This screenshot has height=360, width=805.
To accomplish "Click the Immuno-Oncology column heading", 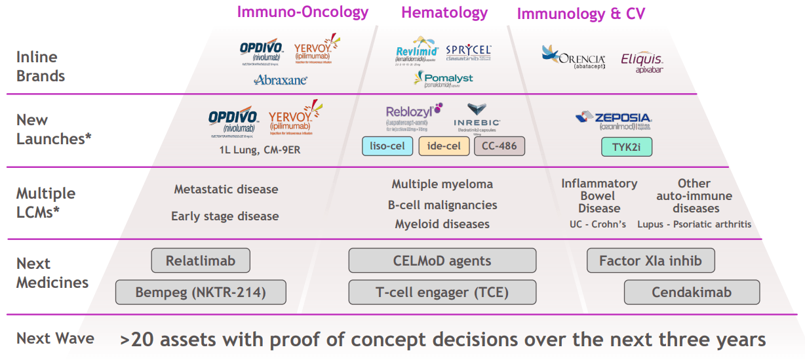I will [x=303, y=12].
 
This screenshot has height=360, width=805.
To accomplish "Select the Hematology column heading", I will [x=444, y=12].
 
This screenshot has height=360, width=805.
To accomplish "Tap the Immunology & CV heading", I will [x=581, y=14].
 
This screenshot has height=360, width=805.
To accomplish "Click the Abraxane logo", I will [x=281, y=80].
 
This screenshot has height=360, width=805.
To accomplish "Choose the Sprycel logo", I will [x=468, y=52].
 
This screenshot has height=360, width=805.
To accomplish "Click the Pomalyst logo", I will [x=444, y=79].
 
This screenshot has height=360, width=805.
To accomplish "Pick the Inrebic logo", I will [x=477, y=116].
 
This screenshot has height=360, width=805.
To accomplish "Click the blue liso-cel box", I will [x=387, y=146].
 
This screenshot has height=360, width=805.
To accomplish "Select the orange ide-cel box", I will [x=444, y=146].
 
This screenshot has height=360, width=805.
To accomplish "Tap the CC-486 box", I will [x=500, y=146].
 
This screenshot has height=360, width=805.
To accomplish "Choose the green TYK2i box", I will [x=627, y=146].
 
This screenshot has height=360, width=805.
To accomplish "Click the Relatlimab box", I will [x=201, y=260].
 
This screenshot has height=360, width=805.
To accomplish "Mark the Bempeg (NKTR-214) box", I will [x=201, y=292].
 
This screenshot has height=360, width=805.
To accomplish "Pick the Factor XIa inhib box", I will [x=650, y=260].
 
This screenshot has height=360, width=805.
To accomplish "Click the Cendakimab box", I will [x=692, y=292].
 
